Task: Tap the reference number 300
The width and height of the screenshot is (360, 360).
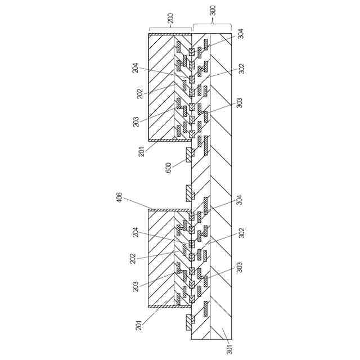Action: coord(212,18)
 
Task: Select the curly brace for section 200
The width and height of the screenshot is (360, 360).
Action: coord(170,28)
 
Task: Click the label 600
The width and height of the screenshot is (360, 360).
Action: coord(169,168)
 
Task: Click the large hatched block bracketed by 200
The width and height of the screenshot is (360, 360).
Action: coord(161,87)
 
